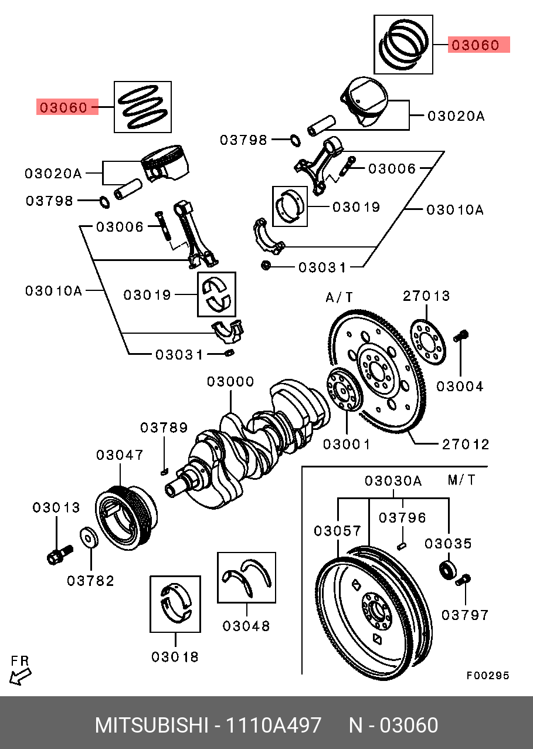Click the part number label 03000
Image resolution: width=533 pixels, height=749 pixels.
[x=230, y=382]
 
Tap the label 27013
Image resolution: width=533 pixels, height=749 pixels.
[x=426, y=296]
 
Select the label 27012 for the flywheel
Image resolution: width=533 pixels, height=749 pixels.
[x=465, y=444]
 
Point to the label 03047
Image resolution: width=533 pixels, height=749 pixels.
[x=120, y=455]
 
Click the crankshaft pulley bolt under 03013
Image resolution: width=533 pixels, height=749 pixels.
[x=58, y=555]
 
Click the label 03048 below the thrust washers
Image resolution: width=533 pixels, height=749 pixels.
[x=246, y=626]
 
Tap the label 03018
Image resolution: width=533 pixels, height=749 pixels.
[x=175, y=657]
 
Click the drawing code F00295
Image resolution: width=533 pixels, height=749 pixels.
[x=488, y=676]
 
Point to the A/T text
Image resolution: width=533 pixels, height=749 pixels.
[x=340, y=298]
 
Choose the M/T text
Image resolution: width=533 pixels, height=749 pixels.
[x=462, y=480]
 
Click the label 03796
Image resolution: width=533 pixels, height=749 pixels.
[x=402, y=518]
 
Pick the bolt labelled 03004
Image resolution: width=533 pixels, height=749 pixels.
[x=461, y=336]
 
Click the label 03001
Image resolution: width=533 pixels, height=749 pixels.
[x=347, y=444]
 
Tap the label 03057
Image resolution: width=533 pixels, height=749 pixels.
[x=337, y=531]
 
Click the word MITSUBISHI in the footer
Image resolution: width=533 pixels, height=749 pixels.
[x=152, y=726]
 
